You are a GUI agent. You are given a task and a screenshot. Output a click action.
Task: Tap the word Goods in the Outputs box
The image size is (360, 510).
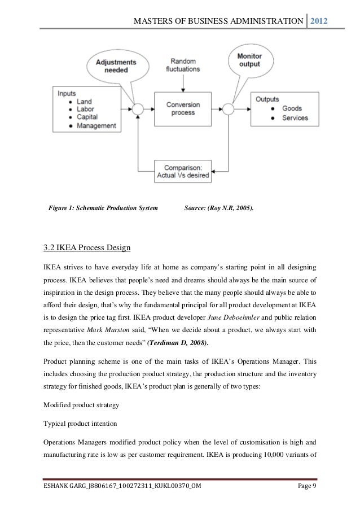(291, 108)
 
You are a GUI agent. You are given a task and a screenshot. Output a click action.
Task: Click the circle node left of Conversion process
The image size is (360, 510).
(136, 108)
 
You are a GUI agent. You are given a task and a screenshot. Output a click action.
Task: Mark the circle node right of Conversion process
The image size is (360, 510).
(228, 108)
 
